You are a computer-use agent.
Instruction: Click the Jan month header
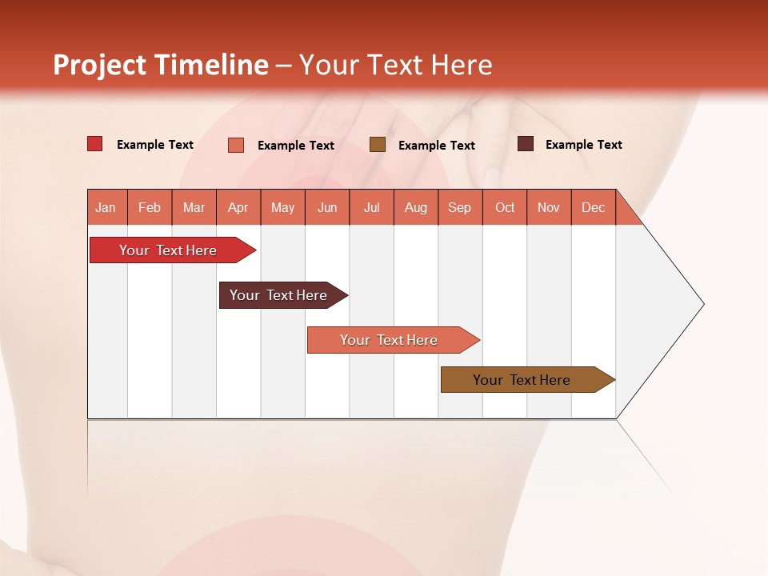(106, 208)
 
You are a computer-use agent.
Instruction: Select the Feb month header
(150, 208)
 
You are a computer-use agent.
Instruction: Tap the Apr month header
(238, 208)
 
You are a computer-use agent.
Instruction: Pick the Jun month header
(327, 208)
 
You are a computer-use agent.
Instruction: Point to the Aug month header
(416, 208)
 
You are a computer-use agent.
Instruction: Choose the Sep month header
(460, 208)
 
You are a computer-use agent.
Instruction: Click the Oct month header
(505, 208)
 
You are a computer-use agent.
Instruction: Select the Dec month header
(594, 208)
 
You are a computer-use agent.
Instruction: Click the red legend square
(95, 144)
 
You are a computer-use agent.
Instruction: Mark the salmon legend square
(236, 145)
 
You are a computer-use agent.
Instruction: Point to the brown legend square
(378, 145)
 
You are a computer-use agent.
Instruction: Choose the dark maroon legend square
(526, 144)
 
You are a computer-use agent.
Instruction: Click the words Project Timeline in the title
(160, 65)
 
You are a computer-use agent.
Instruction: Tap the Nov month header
(549, 208)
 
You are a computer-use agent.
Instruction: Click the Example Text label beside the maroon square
(583, 145)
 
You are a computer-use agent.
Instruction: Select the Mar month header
(194, 208)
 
